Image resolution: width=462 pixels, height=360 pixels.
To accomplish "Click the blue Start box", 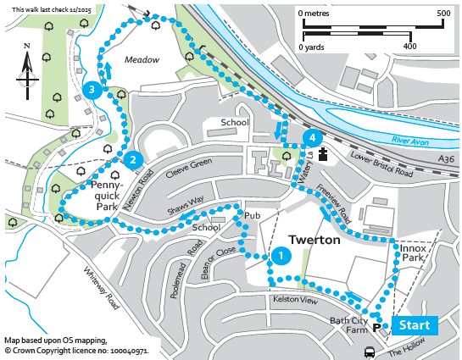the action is (415, 325).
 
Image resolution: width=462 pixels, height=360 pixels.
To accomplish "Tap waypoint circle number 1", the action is (281, 256).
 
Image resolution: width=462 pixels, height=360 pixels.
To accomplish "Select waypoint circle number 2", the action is (133, 160).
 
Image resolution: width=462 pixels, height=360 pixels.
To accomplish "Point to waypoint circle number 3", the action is (92, 90).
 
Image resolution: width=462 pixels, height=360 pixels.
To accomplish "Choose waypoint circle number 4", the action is (312, 138).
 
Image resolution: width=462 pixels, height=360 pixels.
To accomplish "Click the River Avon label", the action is (409, 141).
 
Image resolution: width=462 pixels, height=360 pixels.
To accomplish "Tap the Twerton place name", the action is (314, 240).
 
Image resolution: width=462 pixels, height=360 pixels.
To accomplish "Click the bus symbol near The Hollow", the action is (370, 352).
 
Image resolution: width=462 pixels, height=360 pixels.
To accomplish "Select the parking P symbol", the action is (377, 327).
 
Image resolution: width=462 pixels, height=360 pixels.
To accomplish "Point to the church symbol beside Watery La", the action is (323, 154).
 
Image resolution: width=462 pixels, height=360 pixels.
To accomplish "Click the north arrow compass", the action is (27, 72).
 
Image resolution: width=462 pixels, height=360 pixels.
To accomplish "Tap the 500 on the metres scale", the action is (443, 14).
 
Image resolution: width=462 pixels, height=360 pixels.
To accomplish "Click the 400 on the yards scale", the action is (409, 47).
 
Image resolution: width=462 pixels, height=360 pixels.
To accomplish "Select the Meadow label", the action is (142, 60).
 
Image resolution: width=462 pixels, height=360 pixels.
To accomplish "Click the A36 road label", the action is (446, 159).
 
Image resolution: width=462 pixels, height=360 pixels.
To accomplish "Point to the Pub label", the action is (253, 216).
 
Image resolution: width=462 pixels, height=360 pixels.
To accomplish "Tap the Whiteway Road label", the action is (102, 288).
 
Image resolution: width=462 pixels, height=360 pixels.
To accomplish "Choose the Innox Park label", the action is (413, 253).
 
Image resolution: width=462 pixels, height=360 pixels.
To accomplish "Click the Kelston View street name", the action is (295, 300).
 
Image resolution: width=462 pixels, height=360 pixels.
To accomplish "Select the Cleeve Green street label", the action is (189, 168).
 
